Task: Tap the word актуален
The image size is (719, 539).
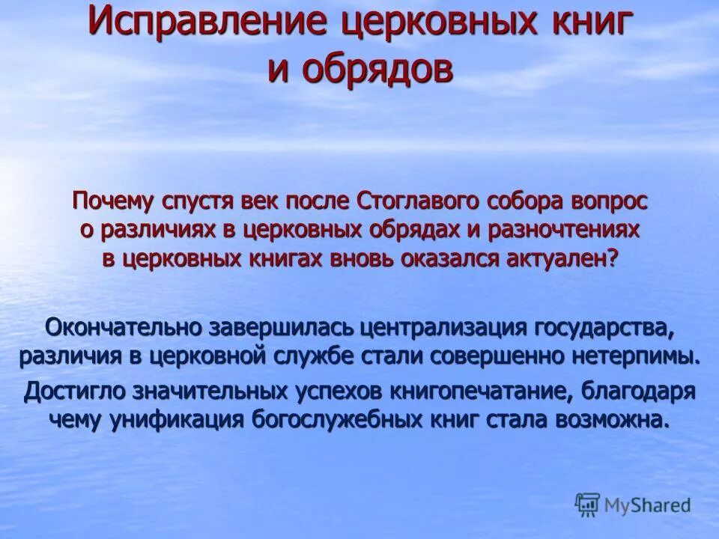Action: click(555, 258)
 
